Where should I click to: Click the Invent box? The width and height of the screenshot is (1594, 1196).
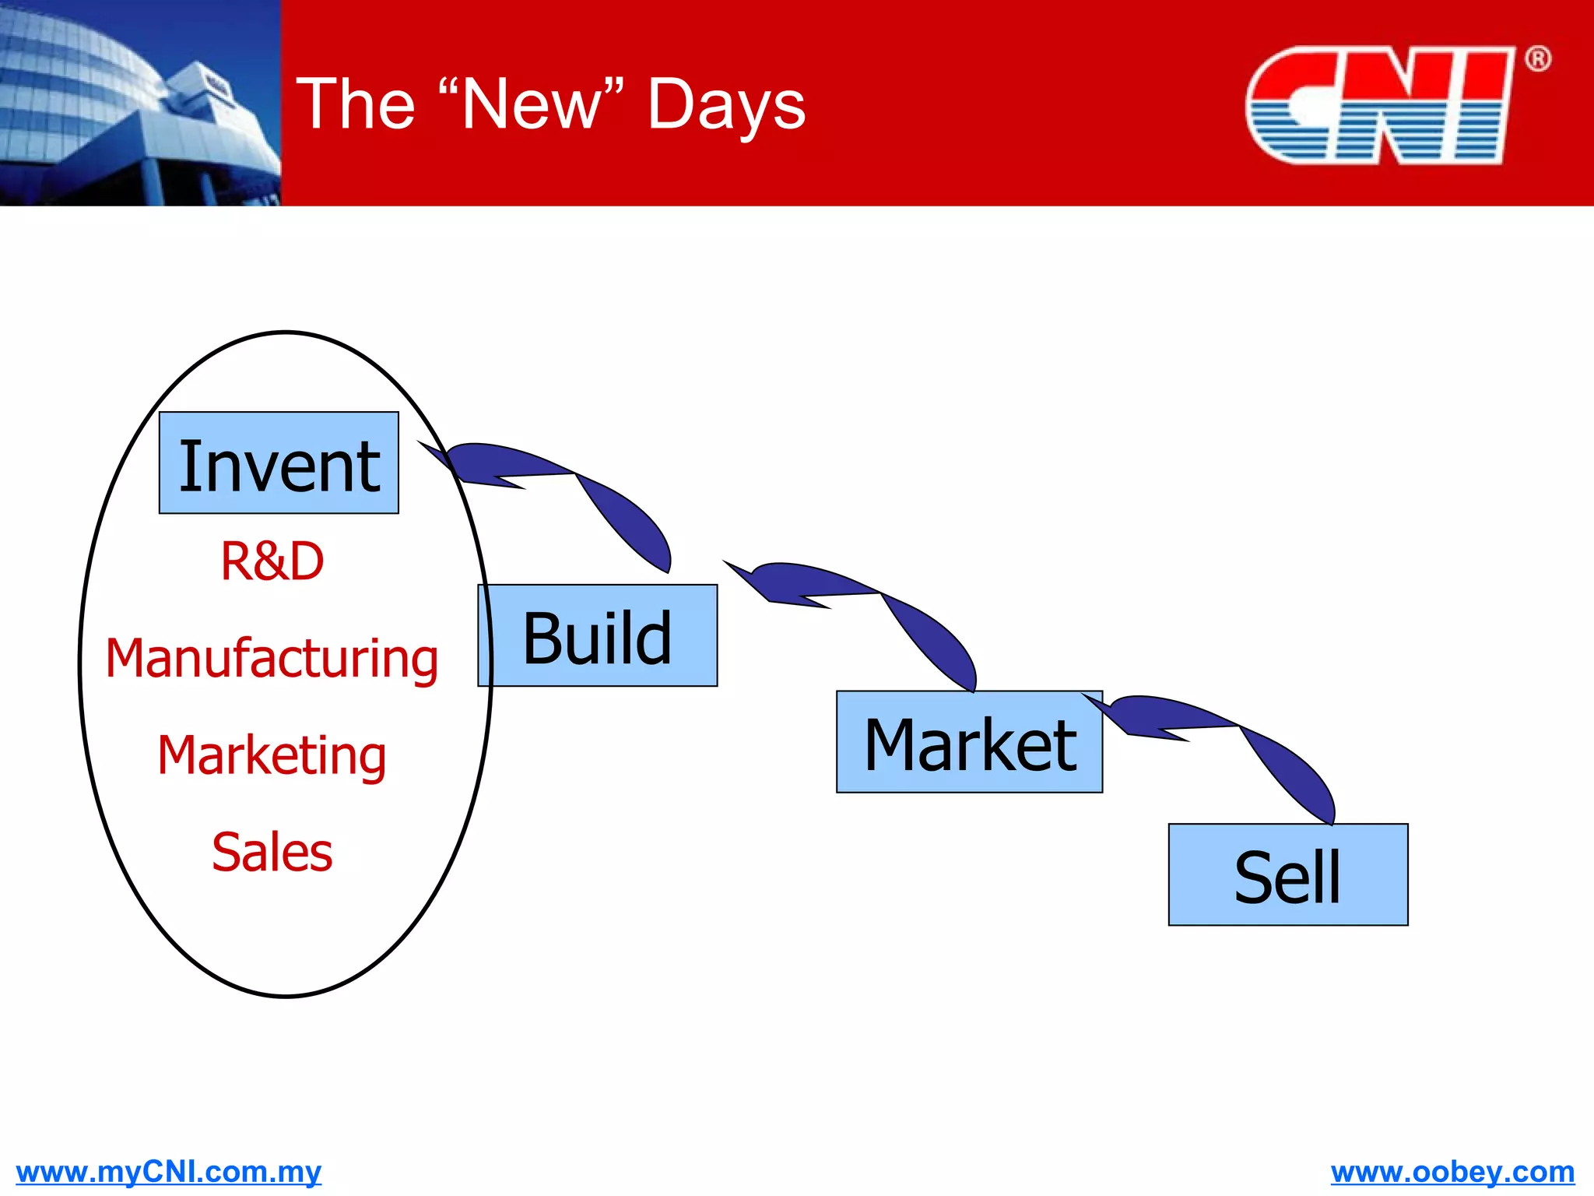click(x=279, y=463)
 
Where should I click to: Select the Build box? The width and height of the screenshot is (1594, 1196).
click(x=598, y=636)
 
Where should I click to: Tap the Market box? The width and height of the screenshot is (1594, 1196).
click(x=969, y=742)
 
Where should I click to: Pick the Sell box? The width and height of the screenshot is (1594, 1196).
click(x=1288, y=875)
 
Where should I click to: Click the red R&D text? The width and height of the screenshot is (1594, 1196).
click(x=272, y=561)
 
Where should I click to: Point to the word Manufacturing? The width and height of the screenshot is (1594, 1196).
click(x=272, y=659)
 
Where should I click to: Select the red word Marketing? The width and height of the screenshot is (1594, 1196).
click(x=272, y=755)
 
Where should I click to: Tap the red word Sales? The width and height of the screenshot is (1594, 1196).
click(x=272, y=851)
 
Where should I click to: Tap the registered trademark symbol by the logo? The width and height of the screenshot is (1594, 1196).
click(x=1537, y=59)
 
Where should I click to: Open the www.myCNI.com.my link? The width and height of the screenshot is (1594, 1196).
click(x=168, y=1171)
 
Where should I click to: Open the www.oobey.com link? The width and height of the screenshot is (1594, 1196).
click(x=1452, y=1171)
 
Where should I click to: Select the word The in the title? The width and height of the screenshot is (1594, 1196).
click(x=356, y=105)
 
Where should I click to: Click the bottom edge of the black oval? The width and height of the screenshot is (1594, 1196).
click(x=286, y=996)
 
